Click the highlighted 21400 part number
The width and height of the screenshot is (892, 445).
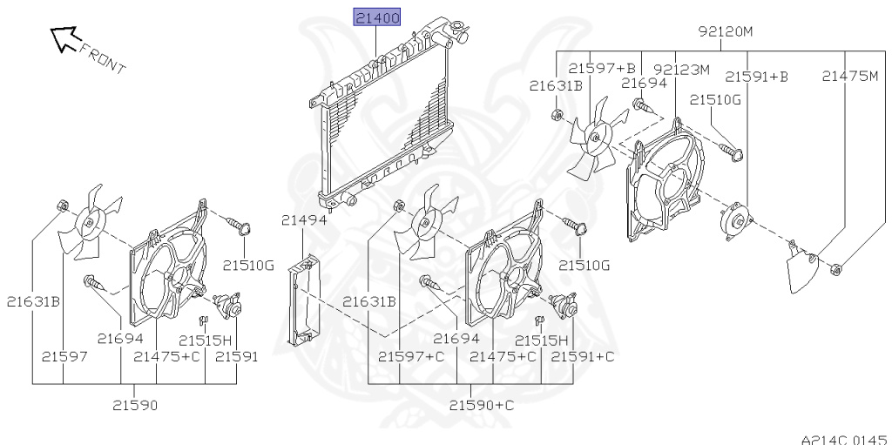(x=377, y=17)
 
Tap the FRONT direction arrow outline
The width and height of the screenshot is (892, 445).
(x=63, y=37)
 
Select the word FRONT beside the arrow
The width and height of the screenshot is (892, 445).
(x=102, y=58)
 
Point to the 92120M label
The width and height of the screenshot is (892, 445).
(x=726, y=32)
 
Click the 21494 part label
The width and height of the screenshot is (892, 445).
(x=304, y=220)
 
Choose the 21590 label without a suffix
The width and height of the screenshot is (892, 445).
(x=135, y=405)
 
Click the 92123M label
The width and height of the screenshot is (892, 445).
(x=682, y=70)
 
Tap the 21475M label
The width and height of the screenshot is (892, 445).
(x=850, y=76)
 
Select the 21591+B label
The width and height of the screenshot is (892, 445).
(x=756, y=77)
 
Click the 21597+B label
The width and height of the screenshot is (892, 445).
(x=603, y=68)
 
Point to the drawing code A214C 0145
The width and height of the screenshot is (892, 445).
(x=843, y=439)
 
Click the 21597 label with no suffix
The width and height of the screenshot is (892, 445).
(x=64, y=356)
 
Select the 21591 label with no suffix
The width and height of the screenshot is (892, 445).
(x=236, y=356)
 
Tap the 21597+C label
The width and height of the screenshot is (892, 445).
(x=411, y=356)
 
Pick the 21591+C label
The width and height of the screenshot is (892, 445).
(x=583, y=356)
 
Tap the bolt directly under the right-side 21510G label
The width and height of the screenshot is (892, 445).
(x=731, y=151)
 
